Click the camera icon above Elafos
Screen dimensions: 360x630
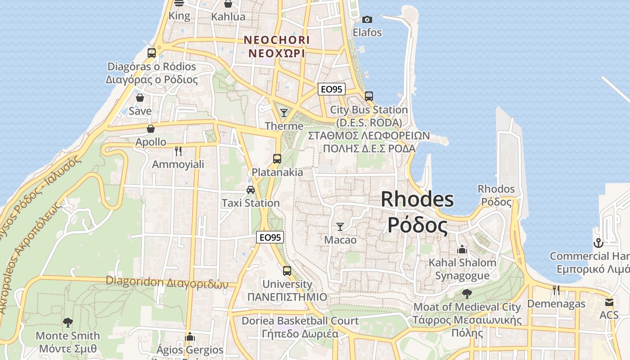tap(367, 19)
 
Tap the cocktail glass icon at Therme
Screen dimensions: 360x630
tap(284, 112)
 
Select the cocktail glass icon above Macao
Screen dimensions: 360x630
tap(340, 226)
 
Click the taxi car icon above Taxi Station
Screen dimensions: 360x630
tap(251, 190)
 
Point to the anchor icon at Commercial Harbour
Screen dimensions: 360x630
tap(598, 243)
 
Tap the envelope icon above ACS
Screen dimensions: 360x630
tap(609, 302)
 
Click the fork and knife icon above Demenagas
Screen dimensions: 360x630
tap(556, 290)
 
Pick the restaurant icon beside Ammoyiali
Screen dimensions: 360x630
tap(178, 151)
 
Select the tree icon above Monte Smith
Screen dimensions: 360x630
tap(68, 322)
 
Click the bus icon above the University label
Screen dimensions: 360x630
tap(287, 271)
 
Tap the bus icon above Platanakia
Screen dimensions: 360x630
tap(277, 159)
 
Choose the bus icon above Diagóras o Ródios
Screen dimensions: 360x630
tap(152, 53)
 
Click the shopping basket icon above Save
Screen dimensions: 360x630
tap(140, 98)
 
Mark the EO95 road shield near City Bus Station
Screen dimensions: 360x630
tap(332, 89)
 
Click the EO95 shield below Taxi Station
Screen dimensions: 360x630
tap(270, 237)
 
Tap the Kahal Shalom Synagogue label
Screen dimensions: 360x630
tap(462, 269)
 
